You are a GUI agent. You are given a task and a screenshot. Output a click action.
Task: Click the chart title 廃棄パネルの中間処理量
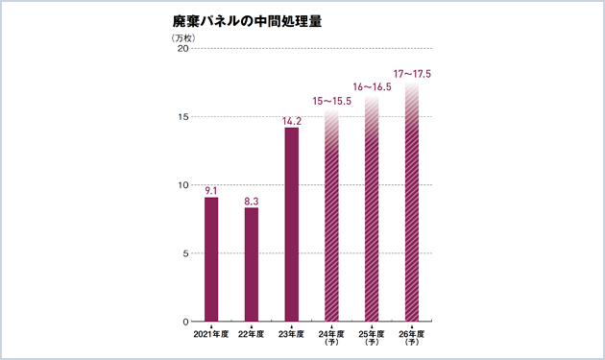[x=239, y=21]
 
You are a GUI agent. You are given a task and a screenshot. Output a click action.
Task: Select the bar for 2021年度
[x=211, y=259]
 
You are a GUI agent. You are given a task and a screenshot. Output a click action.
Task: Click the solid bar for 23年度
[x=292, y=225]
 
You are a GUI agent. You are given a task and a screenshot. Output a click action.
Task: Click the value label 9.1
[x=212, y=190]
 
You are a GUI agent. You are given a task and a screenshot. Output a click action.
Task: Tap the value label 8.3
[x=252, y=201]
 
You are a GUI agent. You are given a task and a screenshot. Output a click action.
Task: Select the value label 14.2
[x=292, y=121]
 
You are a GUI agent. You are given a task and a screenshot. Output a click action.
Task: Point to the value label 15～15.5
[x=332, y=101]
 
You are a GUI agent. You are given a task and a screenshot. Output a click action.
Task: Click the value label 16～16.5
[x=373, y=87]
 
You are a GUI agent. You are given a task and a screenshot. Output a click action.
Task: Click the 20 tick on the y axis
[x=181, y=50]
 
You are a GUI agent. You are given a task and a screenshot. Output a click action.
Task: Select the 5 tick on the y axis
[x=184, y=253]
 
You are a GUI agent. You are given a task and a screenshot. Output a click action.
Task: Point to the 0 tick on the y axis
[x=184, y=322]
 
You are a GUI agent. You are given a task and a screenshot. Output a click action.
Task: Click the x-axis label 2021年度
[x=211, y=334]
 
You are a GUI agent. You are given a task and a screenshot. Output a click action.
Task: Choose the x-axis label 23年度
[x=292, y=334]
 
